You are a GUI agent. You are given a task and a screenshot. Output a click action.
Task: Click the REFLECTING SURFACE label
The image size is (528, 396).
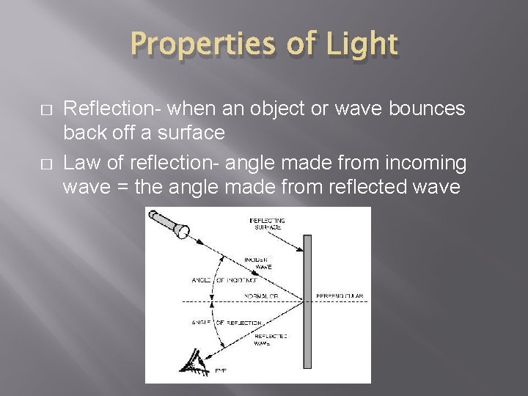[267, 224]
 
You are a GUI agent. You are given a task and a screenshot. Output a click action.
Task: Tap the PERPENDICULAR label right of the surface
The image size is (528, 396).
[339, 296]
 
